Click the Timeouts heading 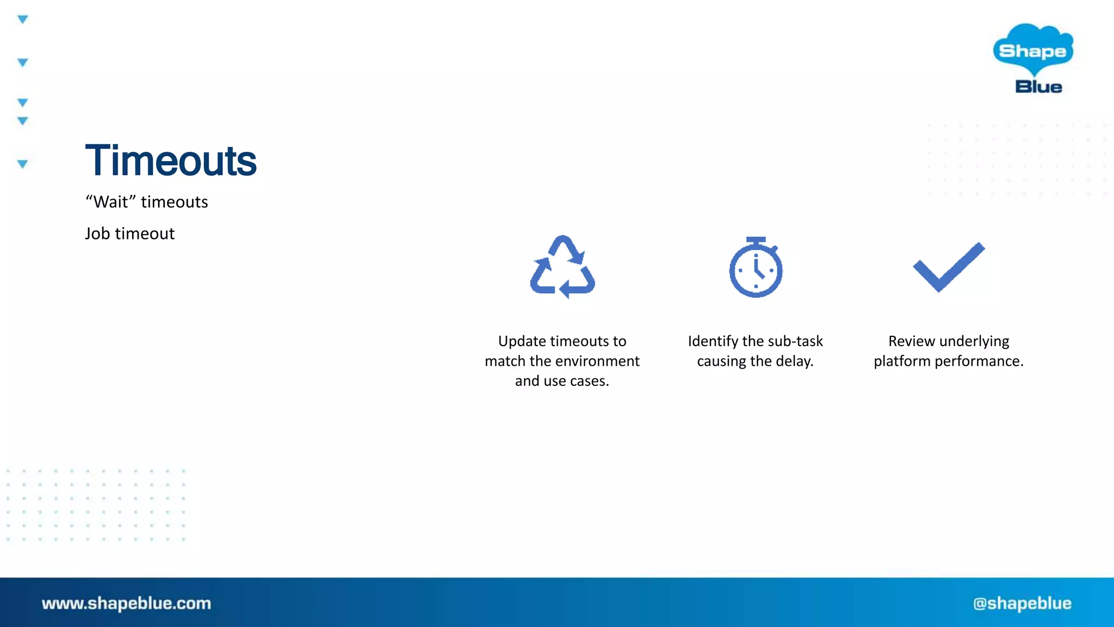[171, 161]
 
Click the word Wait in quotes [112, 202]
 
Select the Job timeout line [129, 233]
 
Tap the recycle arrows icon [562, 267]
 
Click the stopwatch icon [756, 267]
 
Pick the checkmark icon [949, 267]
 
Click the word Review [911, 341]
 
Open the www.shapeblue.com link [126, 603]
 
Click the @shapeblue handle [1022, 603]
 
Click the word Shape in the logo [1032, 51]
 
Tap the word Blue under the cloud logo [1038, 87]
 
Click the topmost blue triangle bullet [22, 20]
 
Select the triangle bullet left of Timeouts [22, 164]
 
